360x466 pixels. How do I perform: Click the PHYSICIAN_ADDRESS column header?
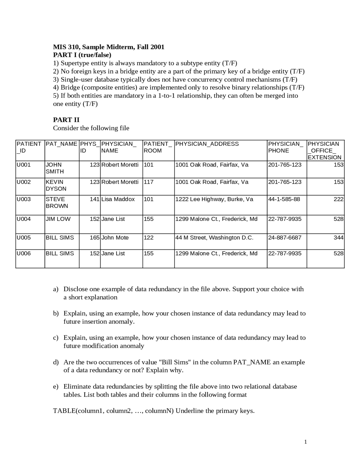(x=207, y=144)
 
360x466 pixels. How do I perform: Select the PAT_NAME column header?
(x=61, y=144)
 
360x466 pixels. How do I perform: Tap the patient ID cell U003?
(x=24, y=199)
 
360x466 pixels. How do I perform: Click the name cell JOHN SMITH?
(x=55, y=168)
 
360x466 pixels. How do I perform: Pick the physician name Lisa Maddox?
(x=118, y=199)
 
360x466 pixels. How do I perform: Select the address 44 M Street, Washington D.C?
(x=214, y=238)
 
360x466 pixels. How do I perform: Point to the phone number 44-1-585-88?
(x=284, y=199)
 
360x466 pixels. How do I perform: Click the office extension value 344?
(x=338, y=238)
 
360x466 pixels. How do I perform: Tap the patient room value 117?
(x=148, y=182)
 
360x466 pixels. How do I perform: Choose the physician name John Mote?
(x=115, y=238)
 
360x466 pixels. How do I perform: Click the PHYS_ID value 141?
(x=95, y=199)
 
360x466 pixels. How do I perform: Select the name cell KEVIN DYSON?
(x=56, y=185)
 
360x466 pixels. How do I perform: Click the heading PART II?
(x=66, y=120)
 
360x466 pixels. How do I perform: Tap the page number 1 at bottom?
(x=305, y=442)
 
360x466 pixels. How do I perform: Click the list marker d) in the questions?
(x=56, y=362)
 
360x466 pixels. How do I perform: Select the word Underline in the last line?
(x=190, y=411)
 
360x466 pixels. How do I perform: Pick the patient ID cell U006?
(x=24, y=253)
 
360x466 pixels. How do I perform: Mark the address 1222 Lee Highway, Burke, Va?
(x=214, y=199)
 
